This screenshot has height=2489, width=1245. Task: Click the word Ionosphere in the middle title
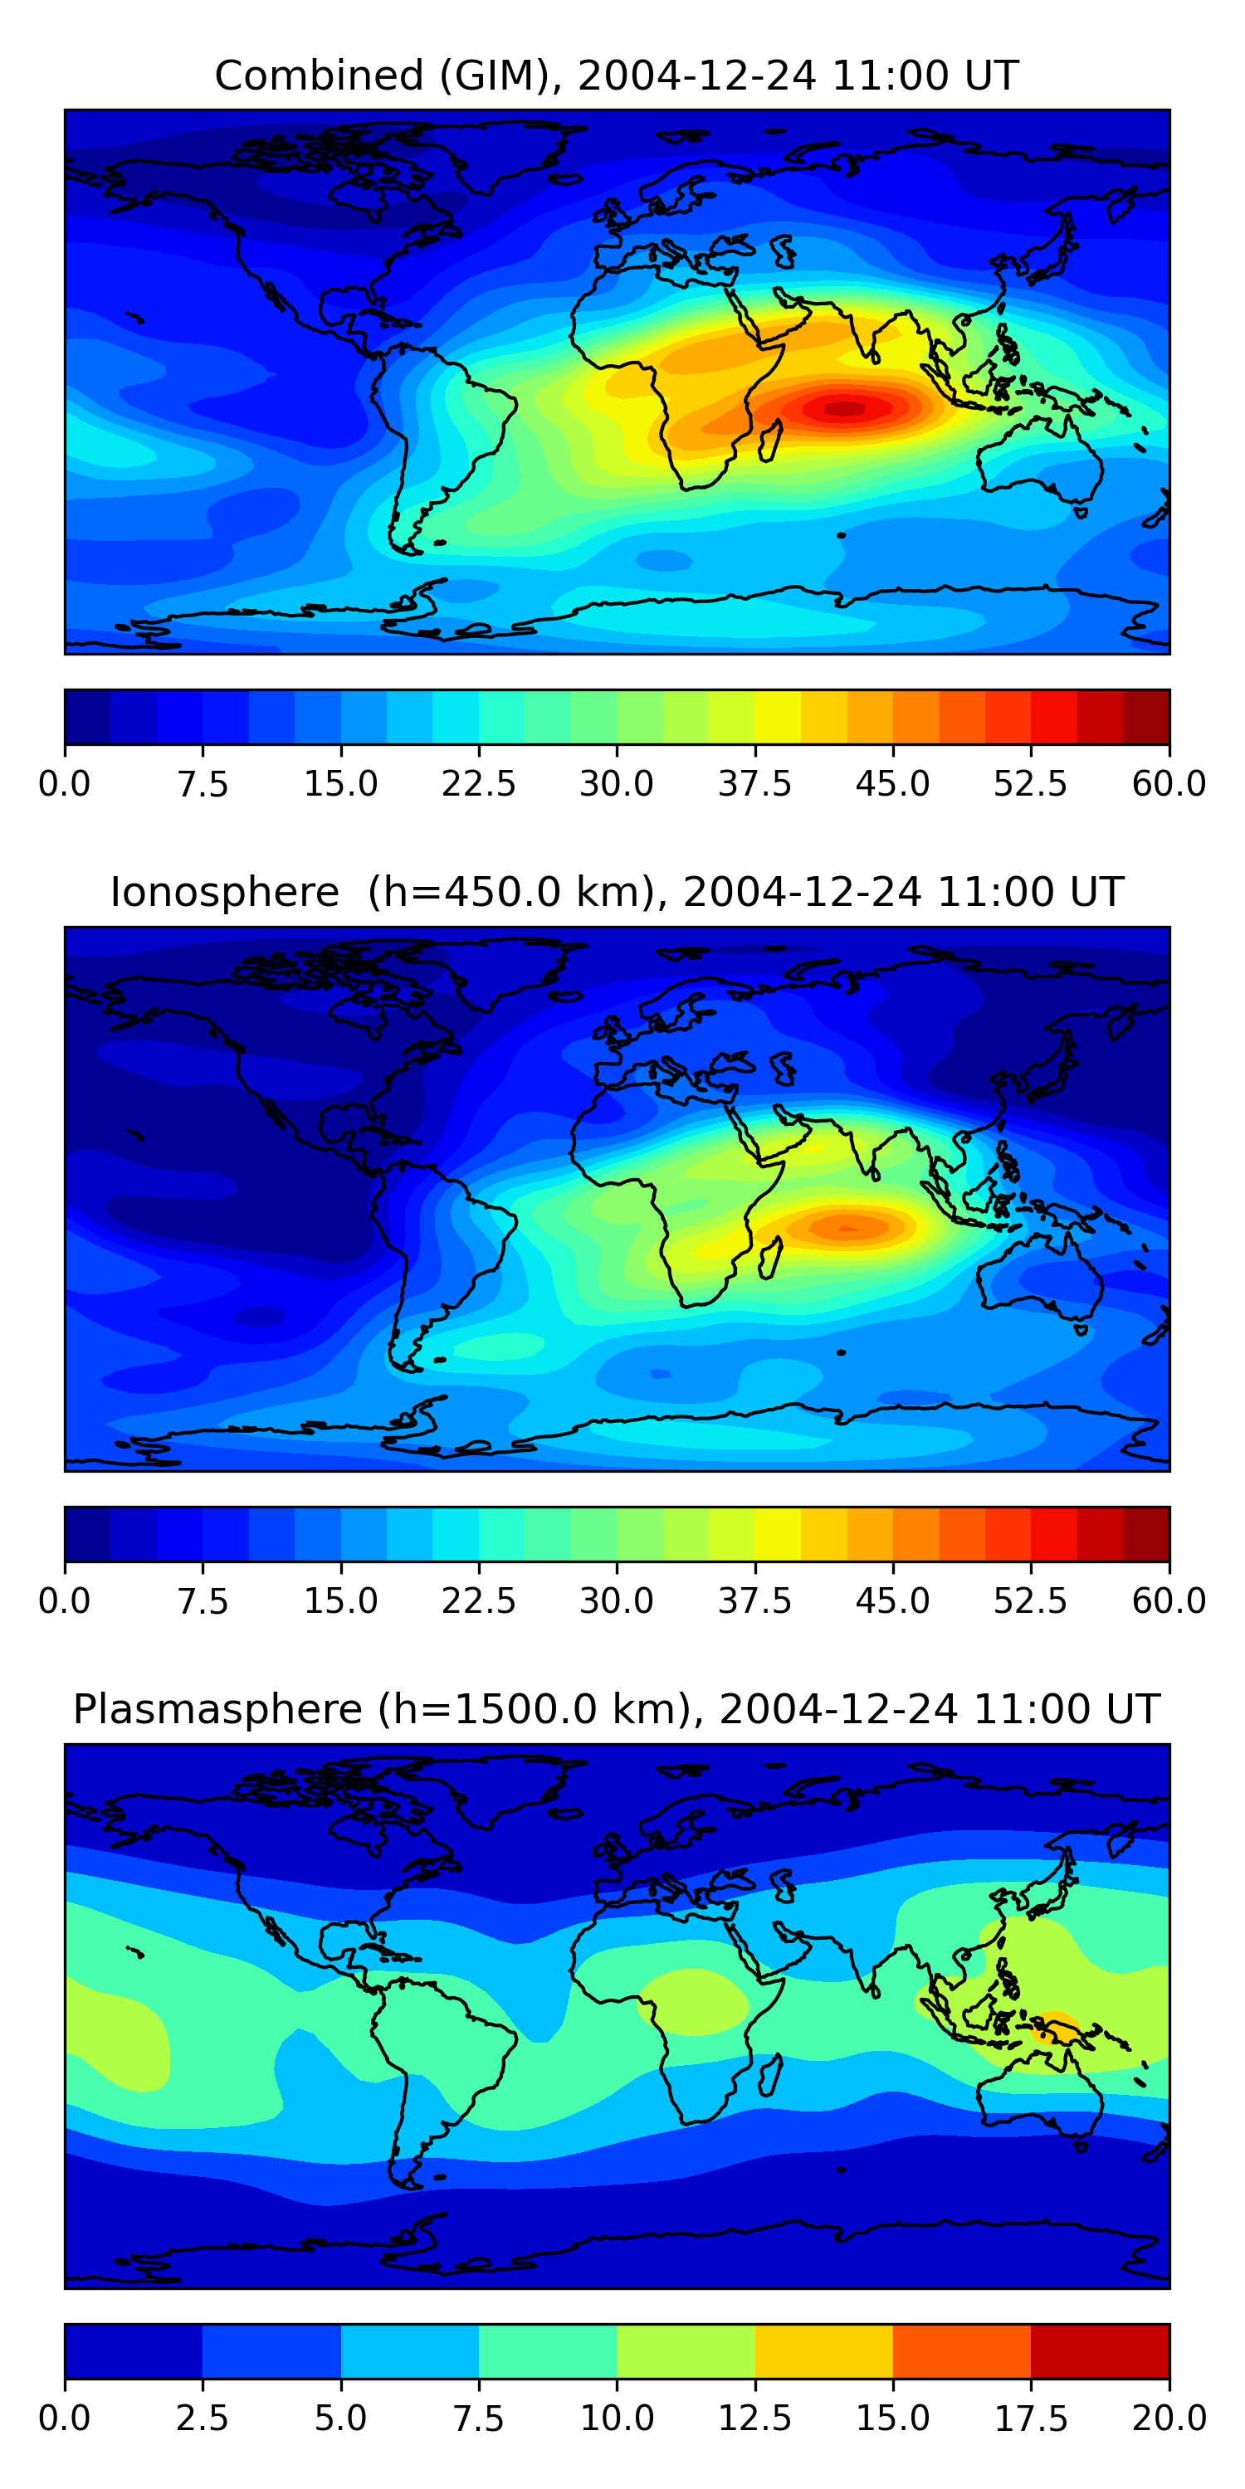[224, 892]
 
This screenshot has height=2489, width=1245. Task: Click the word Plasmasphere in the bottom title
[217, 1709]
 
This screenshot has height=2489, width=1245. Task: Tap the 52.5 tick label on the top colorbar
[1030, 783]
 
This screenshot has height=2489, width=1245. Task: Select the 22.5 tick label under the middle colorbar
[478, 1601]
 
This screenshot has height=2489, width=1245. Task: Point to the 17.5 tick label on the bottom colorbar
[1030, 2418]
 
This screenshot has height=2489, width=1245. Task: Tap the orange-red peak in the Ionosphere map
[847, 1227]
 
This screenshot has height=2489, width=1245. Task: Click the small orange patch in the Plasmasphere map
[1056, 2026]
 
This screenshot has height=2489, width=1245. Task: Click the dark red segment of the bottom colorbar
[1099, 2350]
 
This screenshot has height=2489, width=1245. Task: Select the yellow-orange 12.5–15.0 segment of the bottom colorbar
[823, 2350]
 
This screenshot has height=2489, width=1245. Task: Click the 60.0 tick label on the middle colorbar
[1169, 1601]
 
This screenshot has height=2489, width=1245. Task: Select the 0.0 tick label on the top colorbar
[65, 783]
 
